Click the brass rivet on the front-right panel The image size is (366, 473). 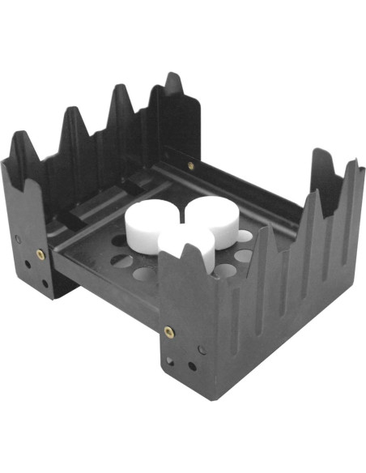(x=168, y=331)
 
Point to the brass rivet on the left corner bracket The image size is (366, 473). (x=39, y=254)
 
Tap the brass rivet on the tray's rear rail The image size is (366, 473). (x=191, y=165)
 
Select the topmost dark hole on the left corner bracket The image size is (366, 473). (x=17, y=239)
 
